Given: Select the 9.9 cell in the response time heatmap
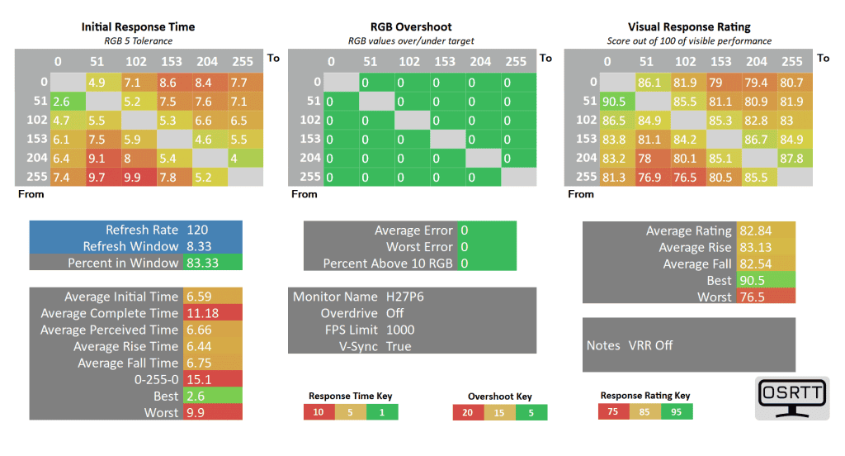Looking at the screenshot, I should [133, 176].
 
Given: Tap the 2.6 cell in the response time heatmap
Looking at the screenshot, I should [61, 101].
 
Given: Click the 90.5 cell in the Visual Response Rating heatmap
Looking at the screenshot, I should [611, 101].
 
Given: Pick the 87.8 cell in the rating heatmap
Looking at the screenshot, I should [791, 157].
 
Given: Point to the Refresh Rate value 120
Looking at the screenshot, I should [198, 230].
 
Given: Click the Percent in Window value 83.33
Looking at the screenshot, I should [203, 263].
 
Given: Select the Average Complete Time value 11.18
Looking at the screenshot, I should [203, 313].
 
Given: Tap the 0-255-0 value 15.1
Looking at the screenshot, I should [198, 379].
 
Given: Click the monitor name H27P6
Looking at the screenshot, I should [405, 297].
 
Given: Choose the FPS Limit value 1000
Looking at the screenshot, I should [400, 330].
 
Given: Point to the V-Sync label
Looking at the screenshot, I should [360, 346].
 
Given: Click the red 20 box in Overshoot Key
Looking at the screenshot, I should [468, 412].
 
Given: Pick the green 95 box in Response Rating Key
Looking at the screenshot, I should [677, 411].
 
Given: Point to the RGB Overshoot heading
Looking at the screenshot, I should [411, 27].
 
